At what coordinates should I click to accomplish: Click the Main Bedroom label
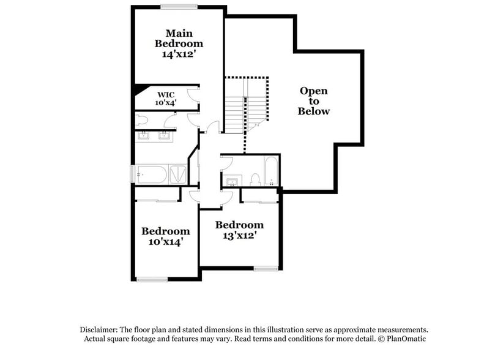(x=179, y=38)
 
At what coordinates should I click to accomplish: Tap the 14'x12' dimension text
(x=179, y=54)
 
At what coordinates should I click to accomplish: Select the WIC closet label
(x=166, y=94)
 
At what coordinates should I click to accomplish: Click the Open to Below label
(x=313, y=101)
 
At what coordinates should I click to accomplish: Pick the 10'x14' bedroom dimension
(x=165, y=242)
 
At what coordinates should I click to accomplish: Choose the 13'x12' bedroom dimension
(x=239, y=234)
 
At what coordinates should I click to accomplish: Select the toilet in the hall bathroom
(x=256, y=180)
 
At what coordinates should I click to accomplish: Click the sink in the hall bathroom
(x=232, y=181)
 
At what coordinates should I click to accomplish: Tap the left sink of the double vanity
(x=144, y=136)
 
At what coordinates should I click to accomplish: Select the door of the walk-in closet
(x=193, y=96)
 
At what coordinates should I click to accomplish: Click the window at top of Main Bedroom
(x=178, y=7)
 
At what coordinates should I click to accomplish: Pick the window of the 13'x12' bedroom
(x=265, y=268)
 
